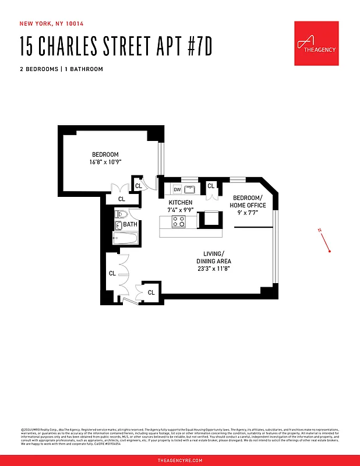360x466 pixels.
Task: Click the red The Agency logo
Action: click(x=316, y=44)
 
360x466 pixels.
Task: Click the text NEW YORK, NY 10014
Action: click(x=52, y=24)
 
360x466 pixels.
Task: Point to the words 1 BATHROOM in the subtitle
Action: click(x=84, y=69)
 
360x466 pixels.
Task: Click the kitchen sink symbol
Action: click(x=190, y=189)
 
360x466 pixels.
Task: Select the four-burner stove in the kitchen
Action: click(x=179, y=221)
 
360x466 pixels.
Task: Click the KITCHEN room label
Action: click(x=180, y=202)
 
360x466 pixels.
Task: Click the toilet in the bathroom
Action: click(x=121, y=215)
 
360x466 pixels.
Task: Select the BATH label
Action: click(x=130, y=224)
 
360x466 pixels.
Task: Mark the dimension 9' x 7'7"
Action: click(x=248, y=213)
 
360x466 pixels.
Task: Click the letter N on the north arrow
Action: click(x=320, y=231)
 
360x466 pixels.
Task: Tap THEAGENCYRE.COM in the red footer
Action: click(x=180, y=460)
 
